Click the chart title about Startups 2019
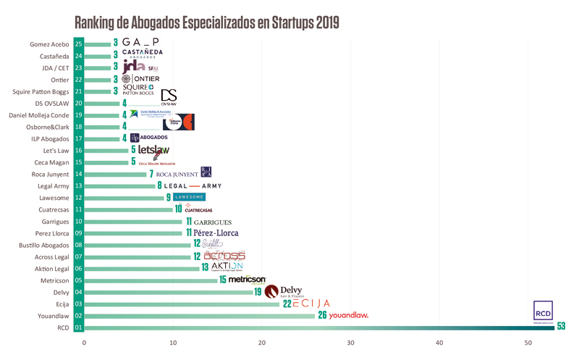207,22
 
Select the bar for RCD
318,327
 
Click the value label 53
561,327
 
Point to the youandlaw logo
348,315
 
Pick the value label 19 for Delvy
258,292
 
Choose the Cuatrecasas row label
49,209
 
